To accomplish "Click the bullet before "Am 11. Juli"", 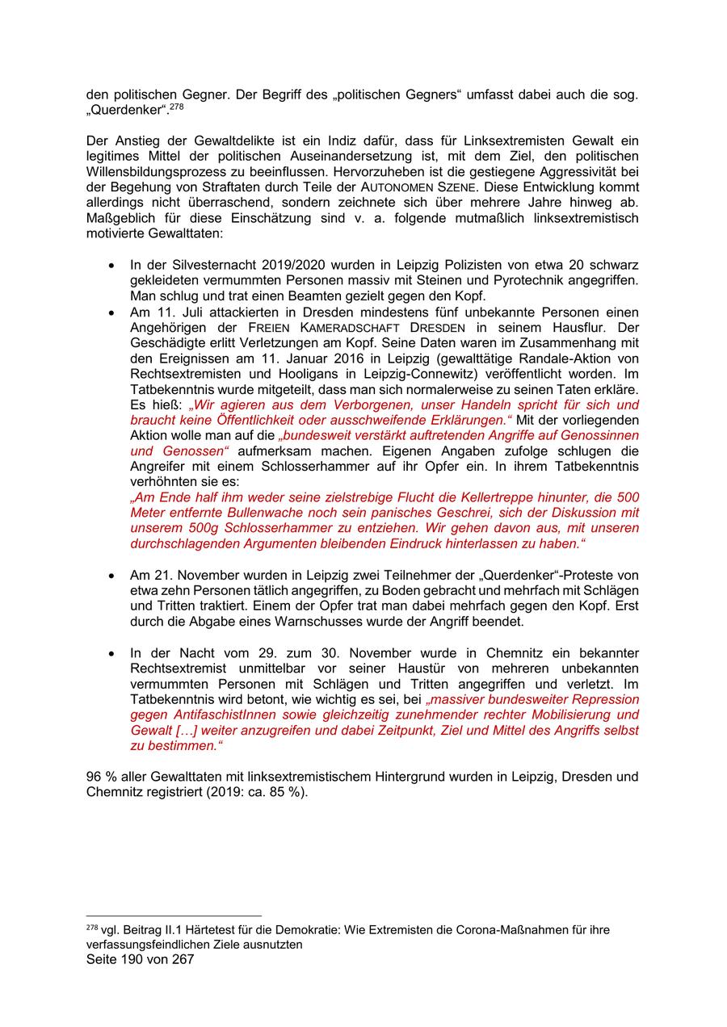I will [111, 312].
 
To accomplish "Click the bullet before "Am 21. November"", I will [111, 576].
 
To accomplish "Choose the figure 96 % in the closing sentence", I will [100, 777].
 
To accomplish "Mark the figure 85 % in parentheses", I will [288, 792].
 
